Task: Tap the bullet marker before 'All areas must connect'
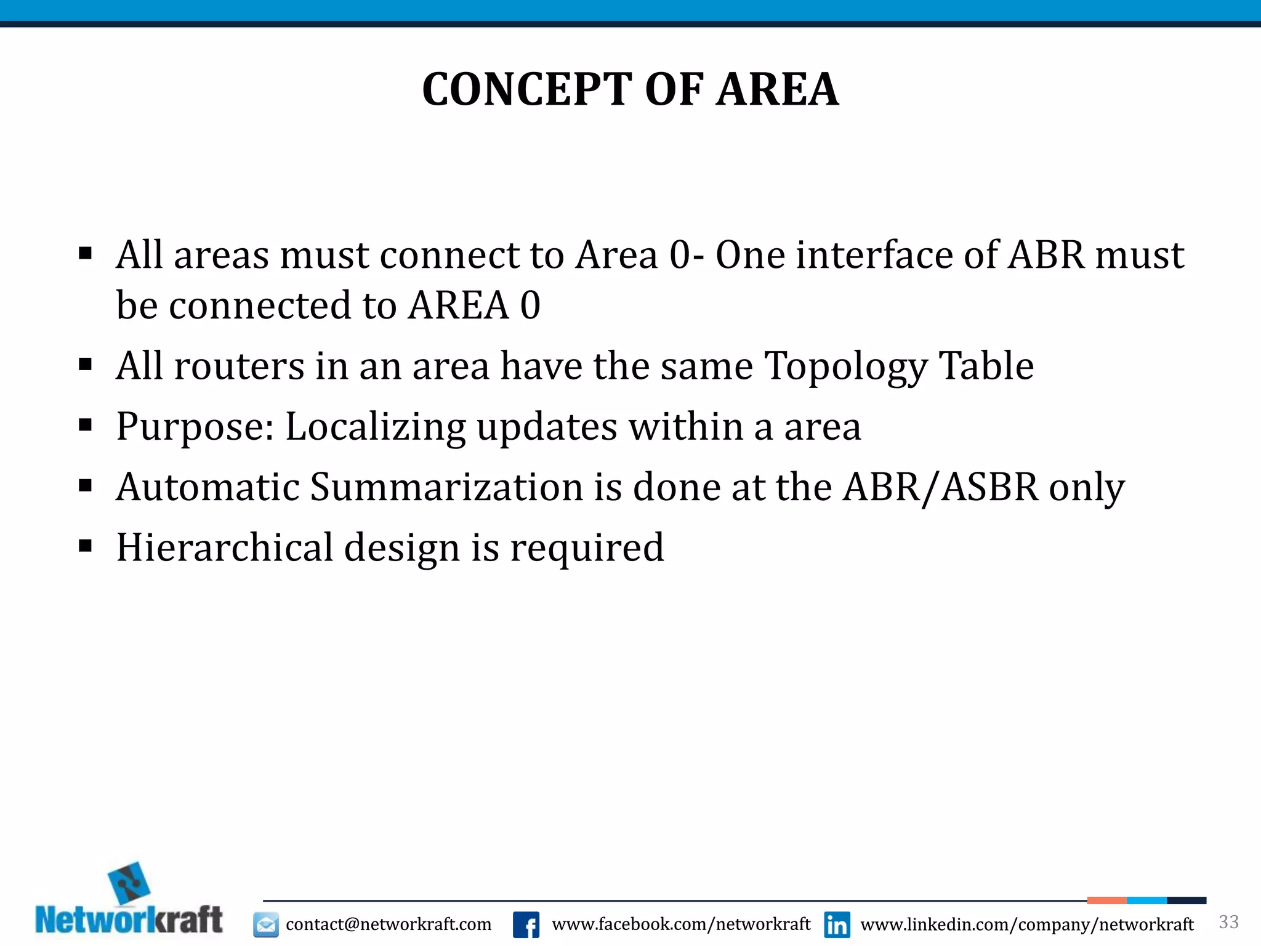click(x=86, y=254)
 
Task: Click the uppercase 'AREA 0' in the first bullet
click(x=474, y=305)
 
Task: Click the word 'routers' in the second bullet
click(x=240, y=366)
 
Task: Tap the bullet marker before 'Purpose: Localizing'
click(x=86, y=424)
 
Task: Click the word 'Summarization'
click(x=446, y=487)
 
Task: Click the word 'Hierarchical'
click(x=224, y=548)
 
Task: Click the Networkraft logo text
click(x=129, y=920)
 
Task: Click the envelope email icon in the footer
click(x=266, y=924)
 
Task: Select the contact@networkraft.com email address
click(x=389, y=924)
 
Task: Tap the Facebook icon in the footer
click(x=526, y=924)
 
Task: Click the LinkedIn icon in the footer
click(x=837, y=924)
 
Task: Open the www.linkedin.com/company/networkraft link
click(x=1026, y=924)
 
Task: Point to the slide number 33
click(x=1228, y=922)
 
